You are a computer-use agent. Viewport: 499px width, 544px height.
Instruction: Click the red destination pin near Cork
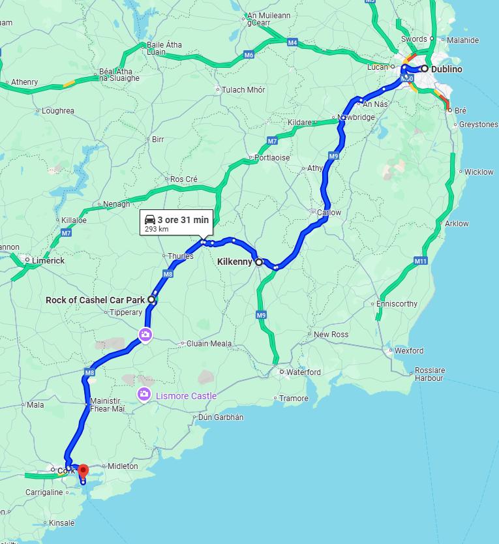(83, 471)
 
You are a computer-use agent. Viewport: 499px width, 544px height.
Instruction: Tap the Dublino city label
(446, 68)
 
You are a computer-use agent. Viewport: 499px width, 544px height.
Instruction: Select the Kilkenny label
(235, 262)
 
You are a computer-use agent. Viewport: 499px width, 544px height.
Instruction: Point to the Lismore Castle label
(185, 396)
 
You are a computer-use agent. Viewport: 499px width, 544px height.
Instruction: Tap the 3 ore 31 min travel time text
(183, 220)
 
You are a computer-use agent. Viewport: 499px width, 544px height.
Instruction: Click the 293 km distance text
(156, 230)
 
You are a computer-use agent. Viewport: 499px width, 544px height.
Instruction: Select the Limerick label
(49, 260)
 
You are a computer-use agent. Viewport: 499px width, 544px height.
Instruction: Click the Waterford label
(303, 372)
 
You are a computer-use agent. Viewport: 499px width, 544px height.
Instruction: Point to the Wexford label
(408, 350)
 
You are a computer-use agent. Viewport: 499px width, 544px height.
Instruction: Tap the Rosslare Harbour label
(429, 374)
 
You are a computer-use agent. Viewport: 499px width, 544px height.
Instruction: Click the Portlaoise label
(272, 158)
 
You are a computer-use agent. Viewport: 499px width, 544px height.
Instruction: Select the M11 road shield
(420, 261)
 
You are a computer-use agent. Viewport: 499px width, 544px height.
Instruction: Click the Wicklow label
(479, 172)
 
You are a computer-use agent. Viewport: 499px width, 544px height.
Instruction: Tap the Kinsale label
(61, 522)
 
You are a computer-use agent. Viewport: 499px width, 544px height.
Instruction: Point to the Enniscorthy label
(397, 304)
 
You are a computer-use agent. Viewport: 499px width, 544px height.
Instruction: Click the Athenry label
(24, 82)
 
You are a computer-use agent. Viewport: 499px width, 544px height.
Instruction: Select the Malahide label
(462, 40)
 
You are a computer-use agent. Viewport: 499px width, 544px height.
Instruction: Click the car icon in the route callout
(149, 220)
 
